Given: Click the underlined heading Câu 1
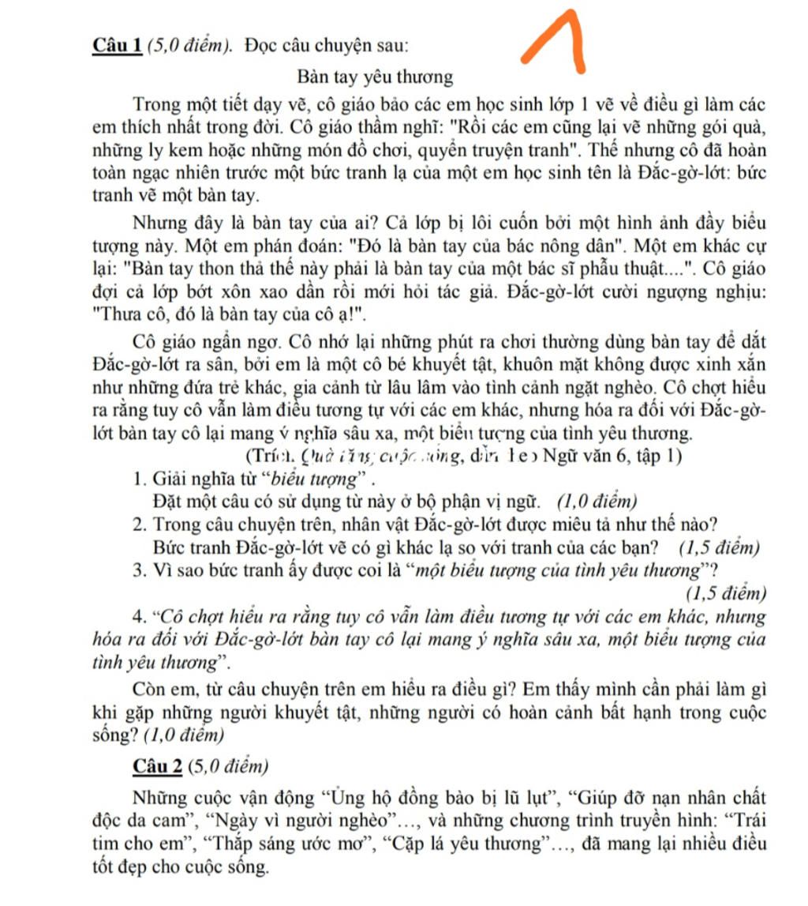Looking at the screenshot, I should (117, 45).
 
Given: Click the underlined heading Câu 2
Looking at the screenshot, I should (158, 765).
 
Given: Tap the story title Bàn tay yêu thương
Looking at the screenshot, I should (376, 77).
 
